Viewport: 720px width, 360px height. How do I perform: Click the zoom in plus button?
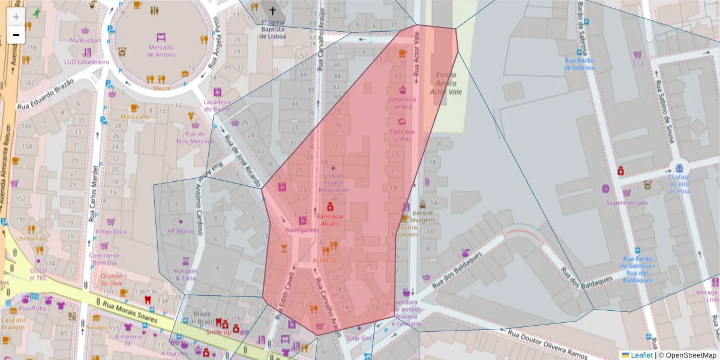16,17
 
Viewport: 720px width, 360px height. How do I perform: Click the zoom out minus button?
16,35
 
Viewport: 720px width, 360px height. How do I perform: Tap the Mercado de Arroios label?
160,50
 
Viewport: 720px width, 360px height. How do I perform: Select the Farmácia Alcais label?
329,220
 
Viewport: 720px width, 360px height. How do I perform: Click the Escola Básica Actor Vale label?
443,83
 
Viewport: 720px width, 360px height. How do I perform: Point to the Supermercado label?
627,203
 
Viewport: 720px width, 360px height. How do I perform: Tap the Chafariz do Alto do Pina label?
679,184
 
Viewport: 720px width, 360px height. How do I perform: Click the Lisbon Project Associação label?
333,182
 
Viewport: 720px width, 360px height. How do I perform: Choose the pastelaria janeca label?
401,103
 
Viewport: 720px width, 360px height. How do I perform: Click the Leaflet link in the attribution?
641,355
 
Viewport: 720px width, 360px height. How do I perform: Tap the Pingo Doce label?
112,232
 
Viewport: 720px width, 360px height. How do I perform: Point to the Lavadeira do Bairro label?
217,105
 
